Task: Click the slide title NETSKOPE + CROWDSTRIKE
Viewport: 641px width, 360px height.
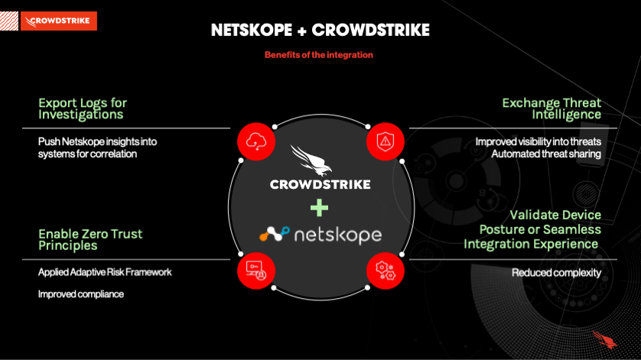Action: pyautogui.click(x=320, y=31)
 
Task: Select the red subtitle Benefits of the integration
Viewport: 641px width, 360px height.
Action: pyautogui.click(x=319, y=55)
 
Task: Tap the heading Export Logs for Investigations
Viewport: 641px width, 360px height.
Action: pyautogui.click(x=82, y=109)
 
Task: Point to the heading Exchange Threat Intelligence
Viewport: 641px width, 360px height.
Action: pyautogui.click(x=552, y=109)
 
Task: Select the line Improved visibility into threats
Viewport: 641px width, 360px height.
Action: pyautogui.click(x=538, y=141)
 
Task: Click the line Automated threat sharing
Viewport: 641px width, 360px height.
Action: pyautogui.click(x=545, y=154)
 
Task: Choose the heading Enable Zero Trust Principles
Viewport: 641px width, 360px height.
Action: pyautogui.click(x=90, y=239)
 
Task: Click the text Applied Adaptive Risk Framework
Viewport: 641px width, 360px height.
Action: pyautogui.click(x=104, y=272)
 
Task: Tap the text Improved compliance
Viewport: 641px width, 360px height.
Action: pyautogui.click(x=81, y=294)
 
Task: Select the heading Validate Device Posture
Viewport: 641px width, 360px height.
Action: pyautogui.click(x=532, y=229)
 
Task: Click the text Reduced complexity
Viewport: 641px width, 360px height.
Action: pyautogui.click(x=556, y=273)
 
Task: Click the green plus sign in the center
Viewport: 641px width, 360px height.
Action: pyautogui.click(x=320, y=207)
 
